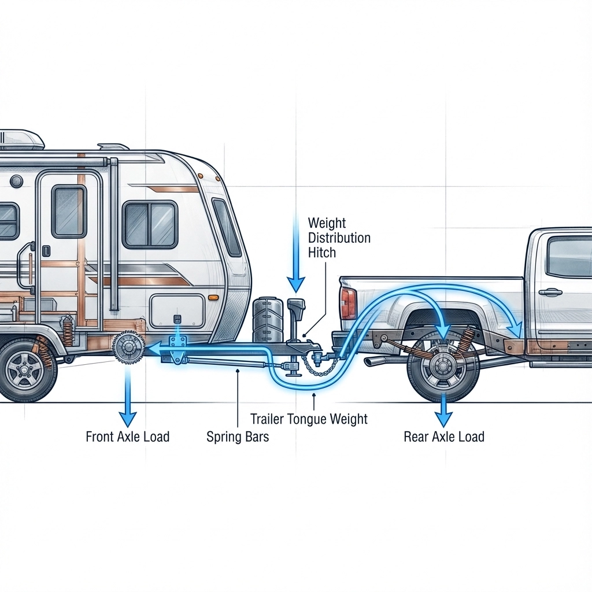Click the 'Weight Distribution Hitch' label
click(x=339, y=238)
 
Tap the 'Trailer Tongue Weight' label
click(x=309, y=419)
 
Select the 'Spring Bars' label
click(x=238, y=436)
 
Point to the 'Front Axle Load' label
click(x=127, y=436)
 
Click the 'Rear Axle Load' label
click(x=443, y=436)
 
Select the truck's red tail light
click(x=349, y=304)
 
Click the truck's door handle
click(x=550, y=292)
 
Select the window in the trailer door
click(x=69, y=211)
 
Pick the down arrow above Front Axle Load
click(x=127, y=399)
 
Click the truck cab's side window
click(x=569, y=257)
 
